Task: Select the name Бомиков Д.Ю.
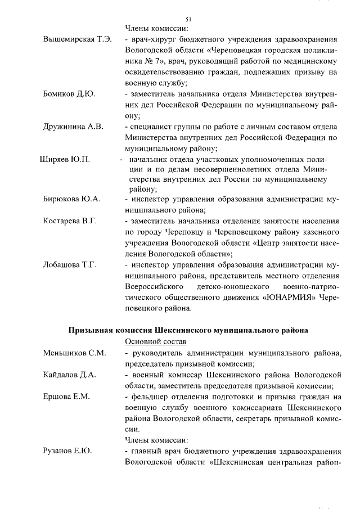pyautogui.click(x=69, y=93)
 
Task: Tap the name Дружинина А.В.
pyautogui.click(x=73, y=126)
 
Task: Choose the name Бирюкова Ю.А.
pyautogui.click(x=71, y=199)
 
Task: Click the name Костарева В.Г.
pyautogui.click(x=70, y=220)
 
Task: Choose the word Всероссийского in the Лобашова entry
pyautogui.click(x=155, y=286)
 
